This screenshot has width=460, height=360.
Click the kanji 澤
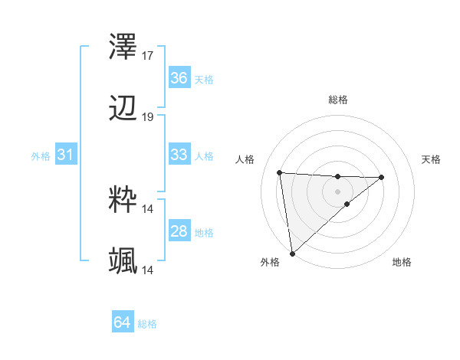(123, 48)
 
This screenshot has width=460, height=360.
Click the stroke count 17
(149, 56)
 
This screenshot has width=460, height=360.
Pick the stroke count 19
(149, 117)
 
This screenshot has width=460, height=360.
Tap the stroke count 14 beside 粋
(149, 208)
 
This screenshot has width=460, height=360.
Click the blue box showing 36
(179, 78)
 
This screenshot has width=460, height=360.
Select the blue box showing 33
(179, 155)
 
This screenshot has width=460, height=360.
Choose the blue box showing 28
(179, 231)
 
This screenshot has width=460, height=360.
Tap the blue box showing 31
(65, 155)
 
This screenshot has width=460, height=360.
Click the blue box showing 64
(122, 323)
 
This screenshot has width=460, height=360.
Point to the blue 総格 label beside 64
(147, 324)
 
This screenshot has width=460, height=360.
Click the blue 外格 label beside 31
(41, 155)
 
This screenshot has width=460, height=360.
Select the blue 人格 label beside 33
(204, 155)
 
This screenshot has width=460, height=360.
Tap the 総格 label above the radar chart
(338, 100)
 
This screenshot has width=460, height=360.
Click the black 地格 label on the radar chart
(402, 263)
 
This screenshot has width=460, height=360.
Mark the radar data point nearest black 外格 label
(292, 253)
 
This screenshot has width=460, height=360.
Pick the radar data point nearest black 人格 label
(280, 172)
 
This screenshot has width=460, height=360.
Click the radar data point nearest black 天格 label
(382, 177)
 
